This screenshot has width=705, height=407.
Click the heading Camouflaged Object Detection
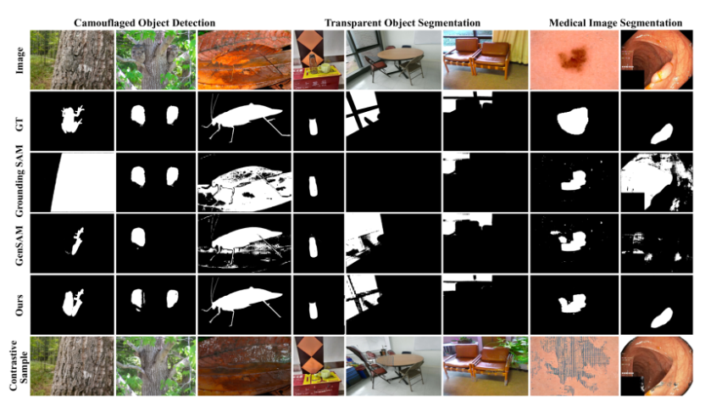(x=144, y=23)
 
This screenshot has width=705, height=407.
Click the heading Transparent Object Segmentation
(x=402, y=23)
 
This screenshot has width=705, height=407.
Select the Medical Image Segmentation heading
(x=615, y=23)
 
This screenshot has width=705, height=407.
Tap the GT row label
(x=19, y=121)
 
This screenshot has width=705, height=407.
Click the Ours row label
(x=19, y=304)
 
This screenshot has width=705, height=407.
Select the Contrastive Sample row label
(x=19, y=365)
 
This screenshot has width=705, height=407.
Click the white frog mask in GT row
(x=72, y=120)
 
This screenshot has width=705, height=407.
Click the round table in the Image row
(x=400, y=54)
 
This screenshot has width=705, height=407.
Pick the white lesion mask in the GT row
(x=572, y=120)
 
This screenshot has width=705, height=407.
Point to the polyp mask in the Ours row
(x=662, y=318)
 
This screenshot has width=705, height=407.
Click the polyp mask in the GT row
(x=662, y=134)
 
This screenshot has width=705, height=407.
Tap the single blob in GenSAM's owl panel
(x=138, y=237)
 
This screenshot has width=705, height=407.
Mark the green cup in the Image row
(x=324, y=68)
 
